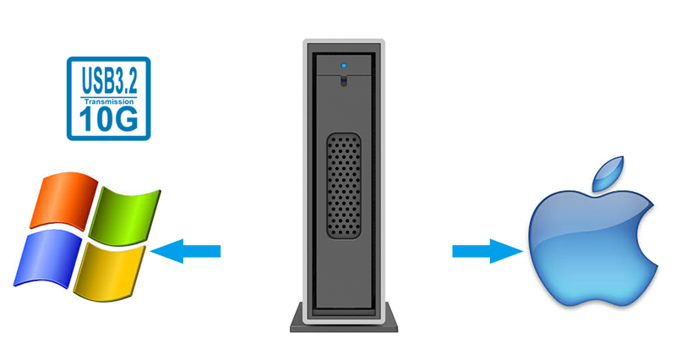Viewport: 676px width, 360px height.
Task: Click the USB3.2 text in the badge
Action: point(107,81)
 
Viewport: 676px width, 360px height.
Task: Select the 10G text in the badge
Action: point(107,117)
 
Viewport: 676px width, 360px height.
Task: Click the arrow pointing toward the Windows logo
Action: point(187,251)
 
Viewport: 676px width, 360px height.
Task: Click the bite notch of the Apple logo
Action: point(651,232)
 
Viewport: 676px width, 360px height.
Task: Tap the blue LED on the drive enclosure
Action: point(344,64)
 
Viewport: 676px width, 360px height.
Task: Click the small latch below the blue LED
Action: point(344,81)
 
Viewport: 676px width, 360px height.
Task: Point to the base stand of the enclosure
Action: point(344,319)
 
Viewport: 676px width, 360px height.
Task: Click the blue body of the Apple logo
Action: point(583,254)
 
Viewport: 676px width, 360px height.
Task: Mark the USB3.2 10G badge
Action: point(107,97)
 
